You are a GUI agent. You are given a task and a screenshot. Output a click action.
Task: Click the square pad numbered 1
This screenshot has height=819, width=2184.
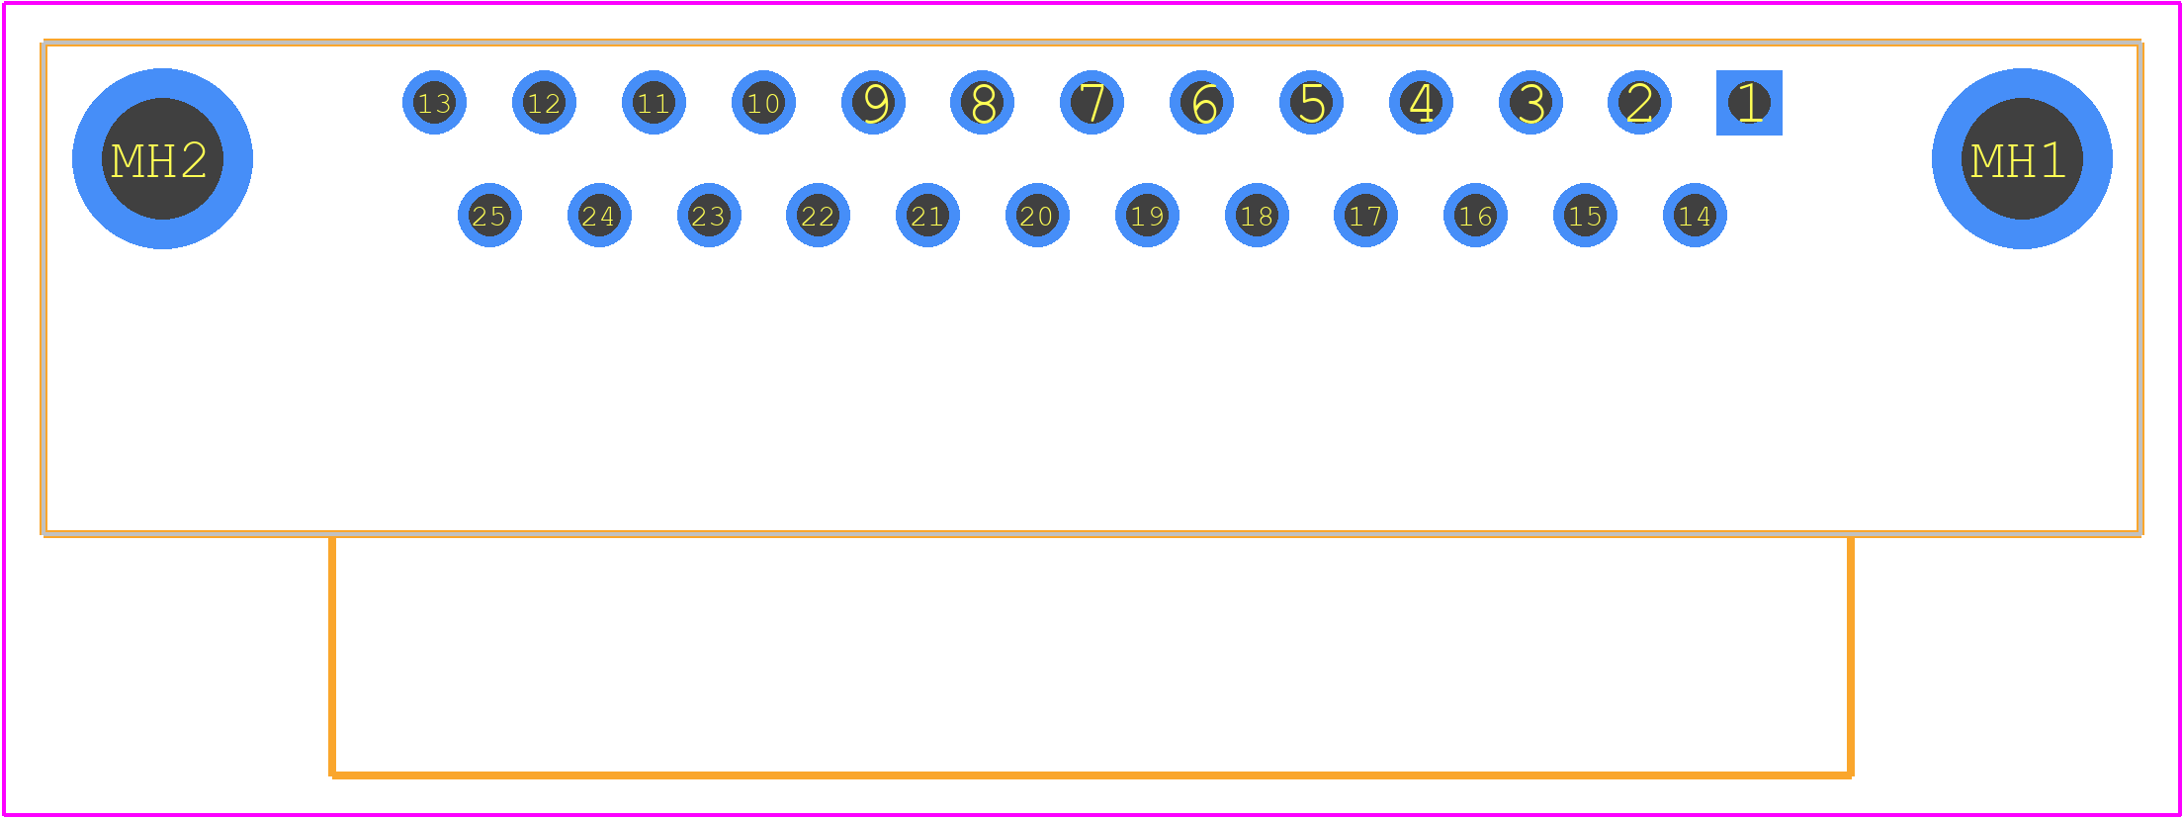pyautogui.click(x=1749, y=103)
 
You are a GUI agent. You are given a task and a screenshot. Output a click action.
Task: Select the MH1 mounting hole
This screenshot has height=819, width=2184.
pyautogui.click(x=2022, y=158)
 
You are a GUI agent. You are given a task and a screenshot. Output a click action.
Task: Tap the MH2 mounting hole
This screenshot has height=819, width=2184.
pyautogui.click(x=162, y=158)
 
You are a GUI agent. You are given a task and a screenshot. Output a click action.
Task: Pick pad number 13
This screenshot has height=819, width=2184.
pyautogui.click(x=434, y=103)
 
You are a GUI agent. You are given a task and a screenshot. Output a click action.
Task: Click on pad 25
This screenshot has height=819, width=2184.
pyautogui.click(x=489, y=215)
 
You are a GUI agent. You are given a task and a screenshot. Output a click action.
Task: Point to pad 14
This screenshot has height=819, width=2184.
pyautogui.click(x=1695, y=215)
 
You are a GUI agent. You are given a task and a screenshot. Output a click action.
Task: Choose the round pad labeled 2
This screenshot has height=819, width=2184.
pyautogui.click(x=1639, y=103)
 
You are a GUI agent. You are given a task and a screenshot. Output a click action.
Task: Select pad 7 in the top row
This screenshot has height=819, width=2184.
pyautogui.click(x=1092, y=103)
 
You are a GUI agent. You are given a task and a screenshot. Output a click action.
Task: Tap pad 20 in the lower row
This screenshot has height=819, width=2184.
pyautogui.click(x=1037, y=215)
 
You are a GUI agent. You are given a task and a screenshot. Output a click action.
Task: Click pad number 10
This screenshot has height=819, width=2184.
pyautogui.click(x=763, y=103)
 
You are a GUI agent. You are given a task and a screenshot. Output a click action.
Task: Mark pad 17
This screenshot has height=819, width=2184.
pyautogui.click(x=1365, y=215)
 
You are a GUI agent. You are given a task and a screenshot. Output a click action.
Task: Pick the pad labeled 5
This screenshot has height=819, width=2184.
pyautogui.click(x=1311, y=103)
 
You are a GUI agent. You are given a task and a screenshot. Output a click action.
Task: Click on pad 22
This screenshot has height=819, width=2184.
pyautogui.click(x=818, y=215)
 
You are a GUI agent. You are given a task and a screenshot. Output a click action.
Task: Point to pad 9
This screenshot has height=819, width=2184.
pyautogui.click(x=873, y=103)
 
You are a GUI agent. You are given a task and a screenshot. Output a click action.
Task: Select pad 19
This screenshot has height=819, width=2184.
pyautogui.click(x=1147, y=215)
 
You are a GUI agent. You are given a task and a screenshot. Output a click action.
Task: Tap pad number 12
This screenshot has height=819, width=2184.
pyautogui.click(x=544, y=103)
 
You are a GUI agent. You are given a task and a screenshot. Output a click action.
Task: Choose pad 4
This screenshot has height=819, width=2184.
pyautogui.click(x=1421, y=103)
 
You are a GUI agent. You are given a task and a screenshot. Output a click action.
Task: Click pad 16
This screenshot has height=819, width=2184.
pyautogui.click(x=1475, y=215)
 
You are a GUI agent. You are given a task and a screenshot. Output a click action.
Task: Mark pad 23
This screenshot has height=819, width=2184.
pyautogui.click(x=709, y=215)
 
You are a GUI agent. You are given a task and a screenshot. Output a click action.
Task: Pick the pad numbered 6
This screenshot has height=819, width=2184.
pyautogui.click(x=1201, y=103)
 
